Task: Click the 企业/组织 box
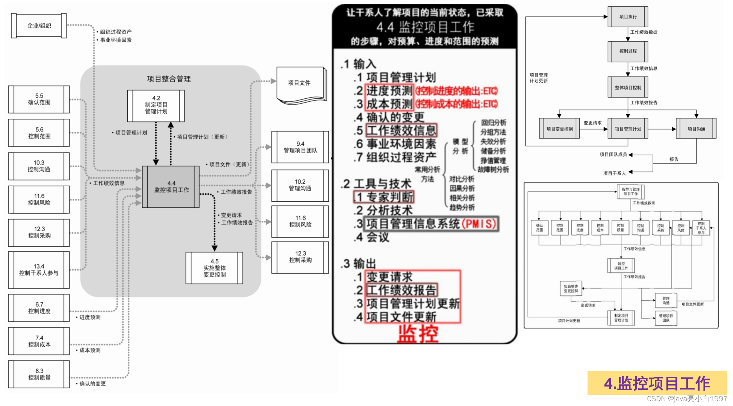pyautogui.click(x=39, y=26)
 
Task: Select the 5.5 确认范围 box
pyautogui.click(x=39, y=99)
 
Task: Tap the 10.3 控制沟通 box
pyautogui.click(x=39, y=166)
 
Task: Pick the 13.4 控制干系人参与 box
pyautogui.click(x=39, y=270)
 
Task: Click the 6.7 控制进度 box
pyautogui.click(x=39, y=308)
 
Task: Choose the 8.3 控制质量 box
pyautogui.click(x=39, y=374)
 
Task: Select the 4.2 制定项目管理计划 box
pyautogui.click(x=156, y=105)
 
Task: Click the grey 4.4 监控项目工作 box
pyautogui.click(x=171, y=187)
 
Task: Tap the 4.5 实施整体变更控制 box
pyautogui.click(x=214, y=268)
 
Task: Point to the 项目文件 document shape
pyautogui.click(x=300, y=83)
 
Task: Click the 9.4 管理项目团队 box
pyautogui.click(x=300, y=147)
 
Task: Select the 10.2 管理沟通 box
pyautogui.click(x=300, y=185)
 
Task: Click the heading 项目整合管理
pyautogui.click(x=169, y=79)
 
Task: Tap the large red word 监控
pyautogui.click(x=418, y=334)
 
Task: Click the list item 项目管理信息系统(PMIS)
pyautogui.click(x=431, y=224)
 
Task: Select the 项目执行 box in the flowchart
pyautogui.click(x=628, y=17)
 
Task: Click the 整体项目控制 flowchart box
pyautogui.click(x=628, y=88)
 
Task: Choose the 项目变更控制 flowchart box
pyautogui.click(x=559, y=129)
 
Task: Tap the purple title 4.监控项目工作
pyautogui.click(x=657, y=383)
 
